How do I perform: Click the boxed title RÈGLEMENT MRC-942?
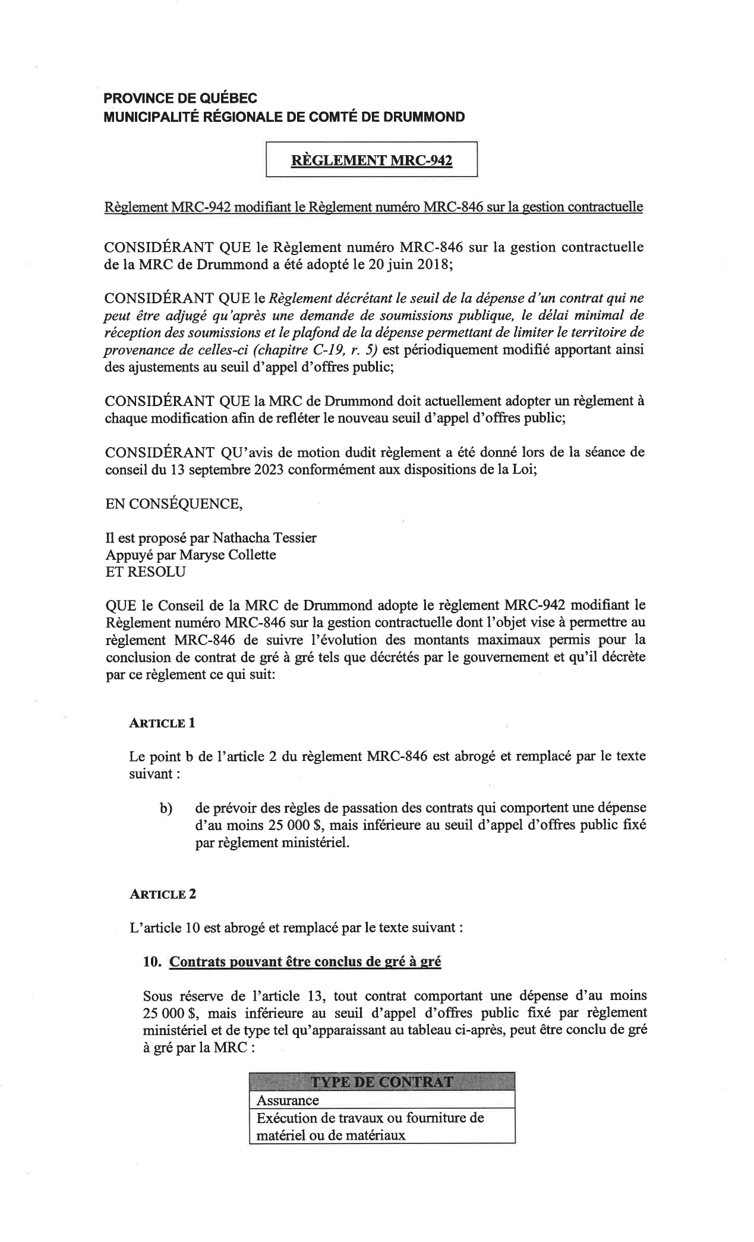(x=371, y=161)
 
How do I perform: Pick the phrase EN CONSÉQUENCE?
(x=173, y=504)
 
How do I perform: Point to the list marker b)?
(x=166, y=809)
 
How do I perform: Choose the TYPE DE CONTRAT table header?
(x=381, y=1081)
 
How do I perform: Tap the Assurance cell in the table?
(x=288, y=1100)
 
